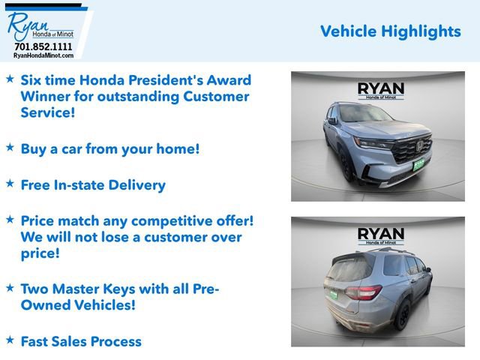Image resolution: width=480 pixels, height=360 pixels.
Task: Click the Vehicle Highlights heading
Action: [x=390, y=31]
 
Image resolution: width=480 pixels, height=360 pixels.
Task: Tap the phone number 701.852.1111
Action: [x=43, y=46]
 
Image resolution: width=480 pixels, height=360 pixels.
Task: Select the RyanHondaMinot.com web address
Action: [x=43, y=55]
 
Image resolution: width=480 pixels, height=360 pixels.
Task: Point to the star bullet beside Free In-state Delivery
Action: [x=10, y=183]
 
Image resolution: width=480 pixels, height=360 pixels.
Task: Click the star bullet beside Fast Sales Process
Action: [x=10, y=340]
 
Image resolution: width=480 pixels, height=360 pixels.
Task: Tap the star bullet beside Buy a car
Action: [x=10, y=147]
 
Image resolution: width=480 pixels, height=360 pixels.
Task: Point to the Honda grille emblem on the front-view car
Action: [x=421, y=145]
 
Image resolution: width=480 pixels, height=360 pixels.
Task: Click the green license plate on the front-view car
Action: [x=418, y=163]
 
